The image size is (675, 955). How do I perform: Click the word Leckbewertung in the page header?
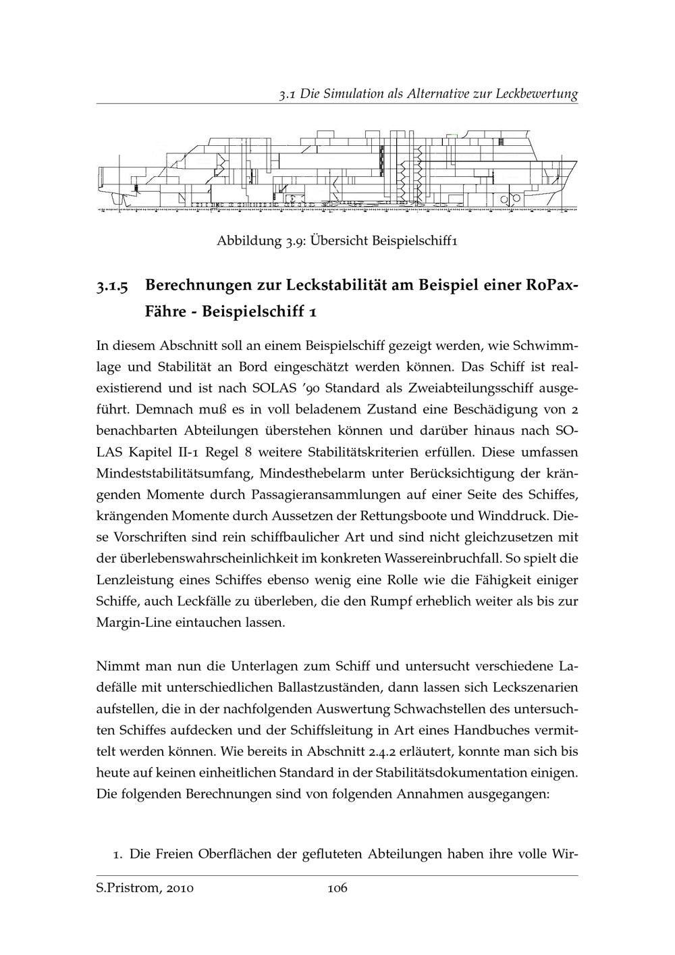point(537,94)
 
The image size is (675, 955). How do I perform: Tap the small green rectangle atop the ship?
point(451,136)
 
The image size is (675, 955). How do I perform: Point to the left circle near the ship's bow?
point(504,200)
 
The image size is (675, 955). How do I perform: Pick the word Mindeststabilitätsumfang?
point(173,453)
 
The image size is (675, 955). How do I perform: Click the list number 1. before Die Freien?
point(117,854)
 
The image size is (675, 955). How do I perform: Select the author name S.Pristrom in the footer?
point(125,888)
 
